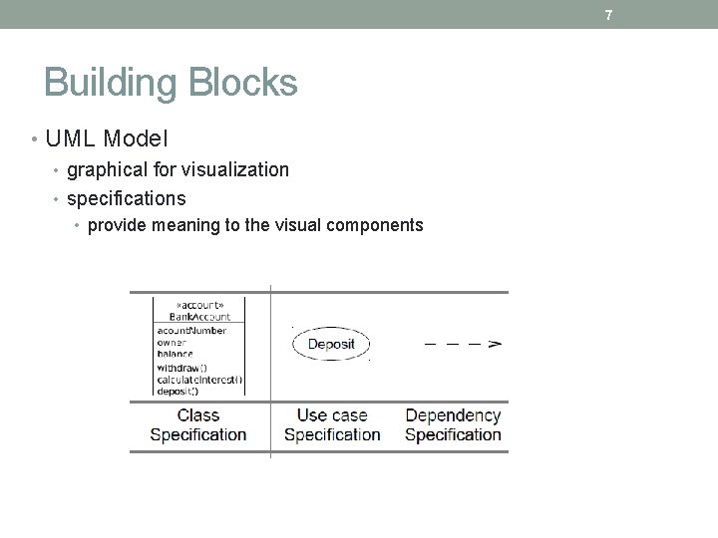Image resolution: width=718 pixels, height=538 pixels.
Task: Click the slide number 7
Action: pyautogui.click(x=608, y=15)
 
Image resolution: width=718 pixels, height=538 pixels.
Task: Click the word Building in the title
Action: pyautogui.click(x=108, y=82)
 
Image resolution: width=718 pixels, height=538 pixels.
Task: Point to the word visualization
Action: pyautogui.click(x=236, y=169)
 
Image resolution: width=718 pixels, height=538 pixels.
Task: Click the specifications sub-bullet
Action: pyautogui.click(x=127, y=198)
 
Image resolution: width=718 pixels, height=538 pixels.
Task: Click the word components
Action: pyautogui.click(x=371, y=225)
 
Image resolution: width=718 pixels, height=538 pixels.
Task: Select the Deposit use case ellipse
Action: pyautogui.click(x=330, y=345)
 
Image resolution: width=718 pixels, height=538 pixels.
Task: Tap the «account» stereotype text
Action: pyautogui.click(x=199, y=306)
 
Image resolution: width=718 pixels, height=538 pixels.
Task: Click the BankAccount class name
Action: pyautogui.click(x=199, y=317)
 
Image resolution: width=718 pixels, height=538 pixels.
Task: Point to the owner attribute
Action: pyautogui.click(x=171, y=342)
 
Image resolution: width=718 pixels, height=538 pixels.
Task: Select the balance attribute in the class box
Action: pyautogui.click(x=175, y=354)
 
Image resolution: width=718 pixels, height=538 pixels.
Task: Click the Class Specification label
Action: pyautogui.click(x=197, y=424)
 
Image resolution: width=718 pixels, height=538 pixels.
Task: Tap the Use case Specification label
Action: pyautogui.click(x=332, y=424)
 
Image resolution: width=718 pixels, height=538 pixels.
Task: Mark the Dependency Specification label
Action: pyautogui.click(x=453, y=424)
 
